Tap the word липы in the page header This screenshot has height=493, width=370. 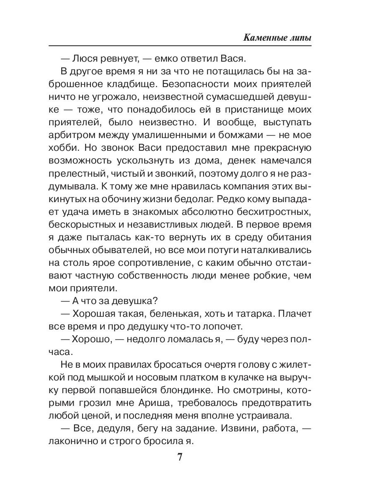(x=298, y=38)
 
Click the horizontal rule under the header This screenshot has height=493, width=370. (x=180, y=46)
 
